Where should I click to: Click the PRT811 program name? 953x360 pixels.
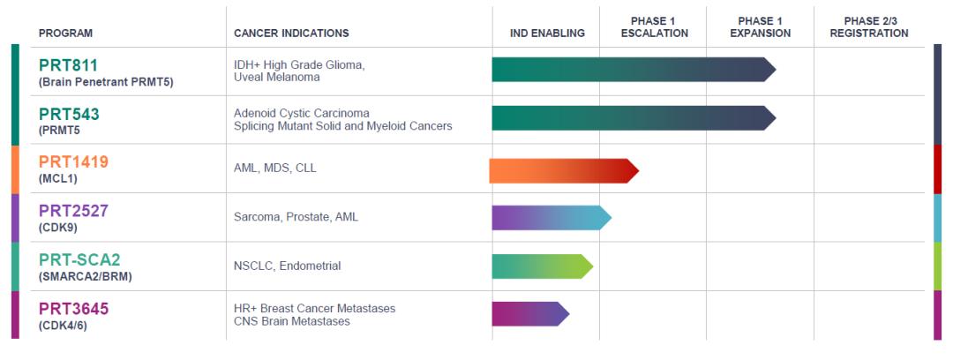pyautogui.click(x=68, y=65)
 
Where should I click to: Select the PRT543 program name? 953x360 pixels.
pyautogui.click(x=69, y=114)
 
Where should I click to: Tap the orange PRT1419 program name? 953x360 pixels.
pyautogui.click(x=73, y=162)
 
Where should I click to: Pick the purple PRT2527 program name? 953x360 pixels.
pyautogui.click(x=73, y=211)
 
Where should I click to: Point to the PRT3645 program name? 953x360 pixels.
pyautogui.click(x=73, y=308)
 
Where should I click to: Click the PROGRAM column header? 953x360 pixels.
pyautogui.click(x=66, y=34)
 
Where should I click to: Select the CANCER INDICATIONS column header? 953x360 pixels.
pyautogui.click(x=291, y=34)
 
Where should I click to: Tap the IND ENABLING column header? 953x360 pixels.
pyautogui.click(x=547, y=34)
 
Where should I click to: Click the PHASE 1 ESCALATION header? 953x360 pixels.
pyautogui.click(x=654, y=27)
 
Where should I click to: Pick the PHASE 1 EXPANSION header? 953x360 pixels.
pyautogui.click(x=761, y=27)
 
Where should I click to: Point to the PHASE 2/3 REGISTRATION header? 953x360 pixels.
pyautogui.click(x=869, y=27)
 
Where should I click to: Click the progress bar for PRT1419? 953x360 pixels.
pyautogui.click(x=562, y=170)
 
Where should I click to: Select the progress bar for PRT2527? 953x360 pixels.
pyautogui.click(x=550, y=218)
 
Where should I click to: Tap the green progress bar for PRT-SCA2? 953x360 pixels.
pyautogui.click(x=541, y=266)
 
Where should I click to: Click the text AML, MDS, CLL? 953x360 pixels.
pyautogui.click(x=274, y=168)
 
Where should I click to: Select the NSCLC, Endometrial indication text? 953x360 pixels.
pyautogui.click(x=287, y=266)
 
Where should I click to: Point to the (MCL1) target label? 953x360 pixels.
pyautogui.click(x=57, y=179)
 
